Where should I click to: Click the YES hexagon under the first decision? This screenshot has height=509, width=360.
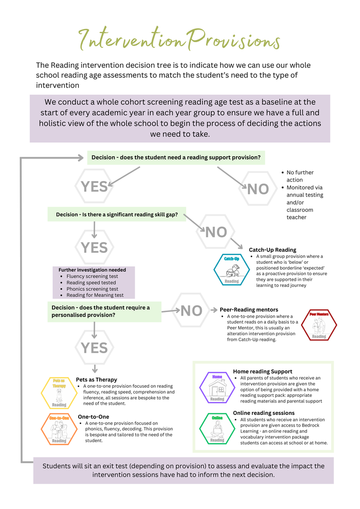[94, 187]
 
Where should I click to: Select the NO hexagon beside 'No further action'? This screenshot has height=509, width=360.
[258, 189]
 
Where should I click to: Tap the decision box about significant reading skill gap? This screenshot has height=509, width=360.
[117, 214]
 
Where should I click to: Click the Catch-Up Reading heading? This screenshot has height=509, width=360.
[272, 250]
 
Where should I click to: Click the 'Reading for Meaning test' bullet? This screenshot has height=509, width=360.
[95, 295]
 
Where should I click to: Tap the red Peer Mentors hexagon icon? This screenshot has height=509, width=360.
[318, 324]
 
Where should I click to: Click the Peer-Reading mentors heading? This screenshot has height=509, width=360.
[248, 310]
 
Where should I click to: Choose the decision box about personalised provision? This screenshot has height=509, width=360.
[104, 311]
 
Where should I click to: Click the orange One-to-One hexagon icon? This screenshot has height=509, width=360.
[59, 429]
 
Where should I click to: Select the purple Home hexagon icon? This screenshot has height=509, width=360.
[217, 387]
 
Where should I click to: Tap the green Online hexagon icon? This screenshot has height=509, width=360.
[217, 428]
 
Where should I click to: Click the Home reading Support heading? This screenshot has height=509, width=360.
[262, 371]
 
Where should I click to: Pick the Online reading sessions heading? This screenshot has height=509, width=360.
[263, 413]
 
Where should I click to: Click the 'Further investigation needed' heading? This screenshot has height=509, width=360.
[92, 270]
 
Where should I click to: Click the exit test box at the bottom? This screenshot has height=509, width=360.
[183, 470]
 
